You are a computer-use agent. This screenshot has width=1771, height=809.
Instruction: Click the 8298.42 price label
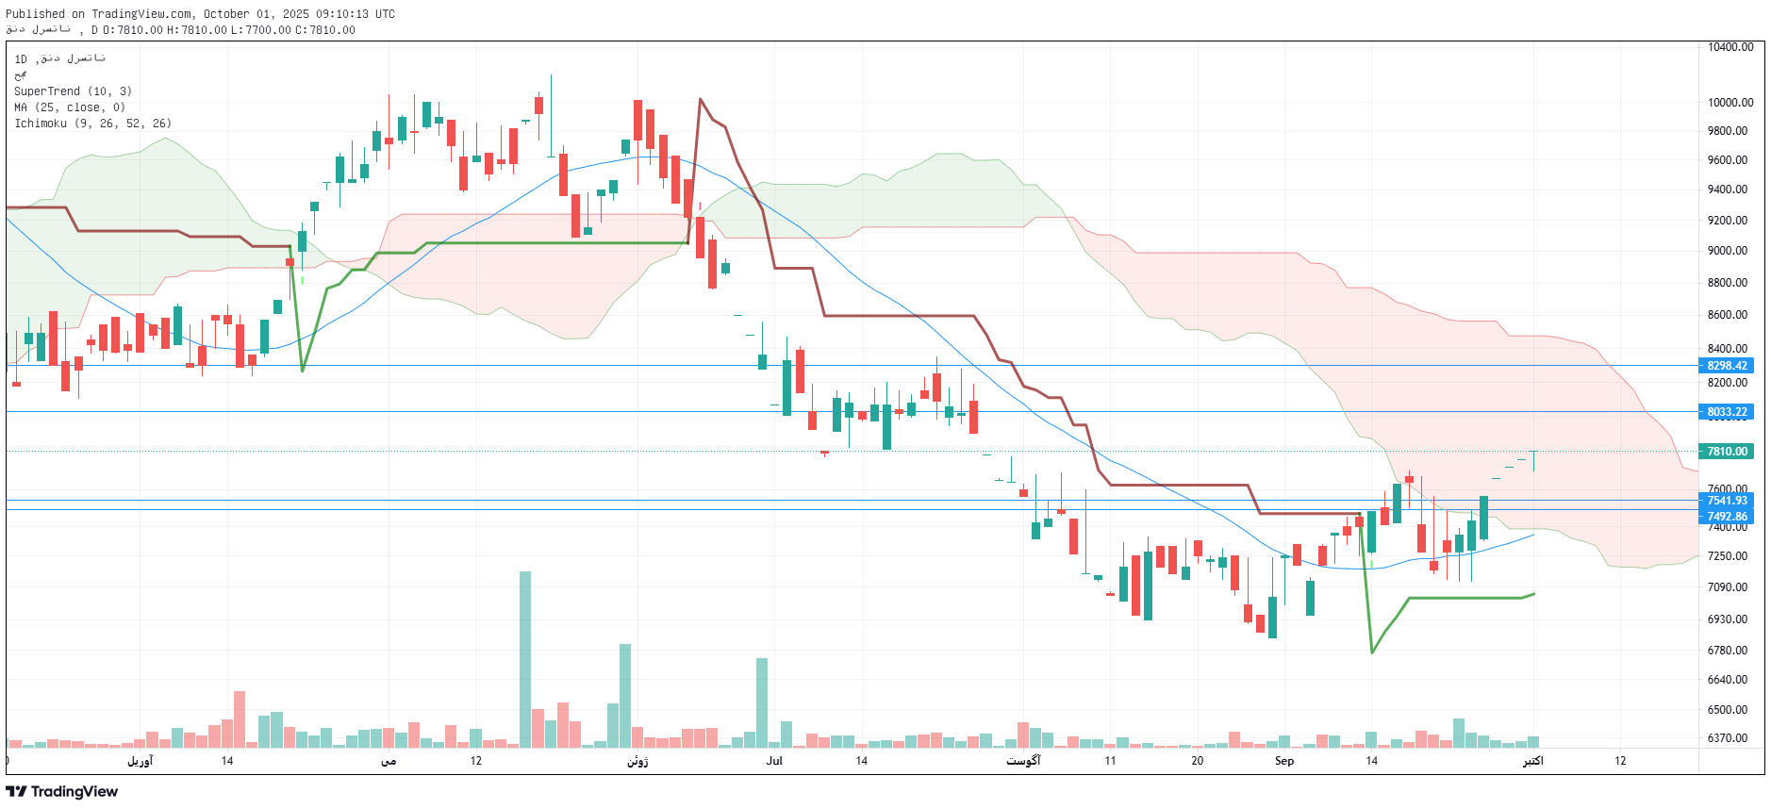[x=1727, y=366]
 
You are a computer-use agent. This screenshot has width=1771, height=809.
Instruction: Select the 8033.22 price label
[x=1727, y=412]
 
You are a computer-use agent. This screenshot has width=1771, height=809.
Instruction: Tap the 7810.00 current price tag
[x=1727, y=452]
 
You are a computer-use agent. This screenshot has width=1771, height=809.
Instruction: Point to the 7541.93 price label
[x=1727, y=501]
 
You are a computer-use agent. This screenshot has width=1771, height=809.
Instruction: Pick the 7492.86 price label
[x=1727, y=517]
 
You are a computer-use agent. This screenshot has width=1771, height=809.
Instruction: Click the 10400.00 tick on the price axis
[x=1730, y=47]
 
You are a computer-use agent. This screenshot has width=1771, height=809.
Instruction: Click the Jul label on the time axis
[x=774, y=761]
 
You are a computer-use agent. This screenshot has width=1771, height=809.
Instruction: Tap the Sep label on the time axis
[x=1284, y=761]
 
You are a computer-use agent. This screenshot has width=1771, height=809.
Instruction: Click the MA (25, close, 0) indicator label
[x=69, y=107]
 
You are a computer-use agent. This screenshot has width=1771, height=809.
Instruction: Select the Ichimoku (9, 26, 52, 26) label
[x=92, y=124]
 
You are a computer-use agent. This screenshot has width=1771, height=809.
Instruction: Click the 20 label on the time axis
[x=1197, y=761]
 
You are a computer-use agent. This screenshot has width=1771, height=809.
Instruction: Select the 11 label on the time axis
[x=1110, y=761]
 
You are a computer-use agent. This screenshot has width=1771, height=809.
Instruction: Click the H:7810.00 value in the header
[x=197, y=30]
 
